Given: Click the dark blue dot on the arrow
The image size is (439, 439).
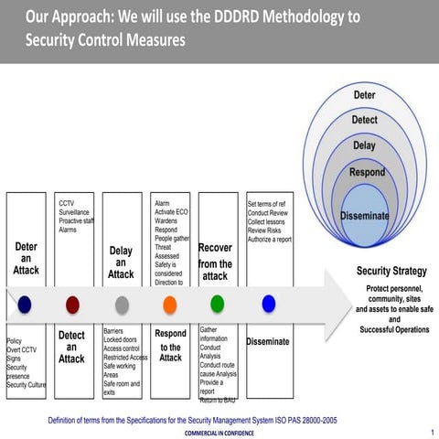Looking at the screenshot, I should [x=25, y=304].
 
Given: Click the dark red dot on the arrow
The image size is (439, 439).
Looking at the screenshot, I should [x=73, y=304].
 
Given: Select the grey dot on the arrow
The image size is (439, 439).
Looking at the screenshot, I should [x=122, y=304].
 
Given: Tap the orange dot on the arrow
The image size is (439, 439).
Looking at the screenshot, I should [x=169, y=304].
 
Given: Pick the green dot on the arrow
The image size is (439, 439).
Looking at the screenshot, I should [x=217, y=303].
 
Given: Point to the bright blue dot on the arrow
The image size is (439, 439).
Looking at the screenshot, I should [x=268, y=303].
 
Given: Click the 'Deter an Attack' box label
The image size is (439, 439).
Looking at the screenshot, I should [x=27, y=259].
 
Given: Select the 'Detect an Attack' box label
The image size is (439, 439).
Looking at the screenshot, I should [x=71, y=348].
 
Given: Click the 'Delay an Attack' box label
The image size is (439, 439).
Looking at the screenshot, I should [x=121, y=262].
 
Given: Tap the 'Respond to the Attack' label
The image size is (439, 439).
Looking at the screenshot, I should [x=170, y=346].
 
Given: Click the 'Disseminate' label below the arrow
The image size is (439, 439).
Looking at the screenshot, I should [x=267, y=342].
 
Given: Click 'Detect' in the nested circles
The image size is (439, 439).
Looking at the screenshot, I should [x=364, y=120].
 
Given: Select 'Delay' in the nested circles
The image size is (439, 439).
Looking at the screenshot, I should [x=364, y=145].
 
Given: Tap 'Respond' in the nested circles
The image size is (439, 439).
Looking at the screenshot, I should [x=366, y=172].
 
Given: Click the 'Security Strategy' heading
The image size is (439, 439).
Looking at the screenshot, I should [x=391, y=272].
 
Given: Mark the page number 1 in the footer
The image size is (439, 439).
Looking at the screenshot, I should [x=431, y=430].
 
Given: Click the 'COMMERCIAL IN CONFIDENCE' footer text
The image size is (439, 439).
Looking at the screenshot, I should [x=219, y=433].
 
